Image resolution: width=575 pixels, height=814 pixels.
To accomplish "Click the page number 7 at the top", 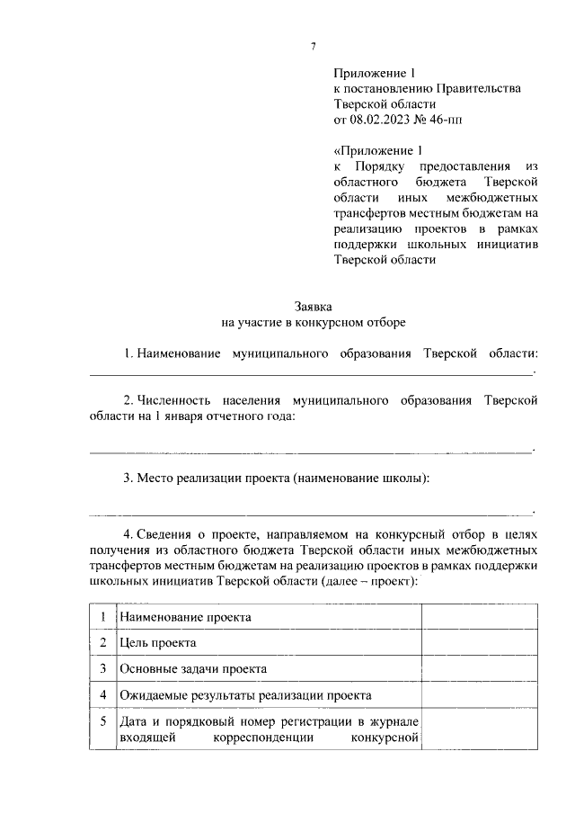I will click(313, 45).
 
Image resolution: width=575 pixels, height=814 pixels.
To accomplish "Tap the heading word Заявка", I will click(313, 306).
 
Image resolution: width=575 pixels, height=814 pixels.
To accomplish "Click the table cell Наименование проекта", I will click(186, 617).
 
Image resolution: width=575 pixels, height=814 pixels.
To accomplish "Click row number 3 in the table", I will click(103, 669).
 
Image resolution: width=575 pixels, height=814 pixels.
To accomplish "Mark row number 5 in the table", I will click(103, 721).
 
